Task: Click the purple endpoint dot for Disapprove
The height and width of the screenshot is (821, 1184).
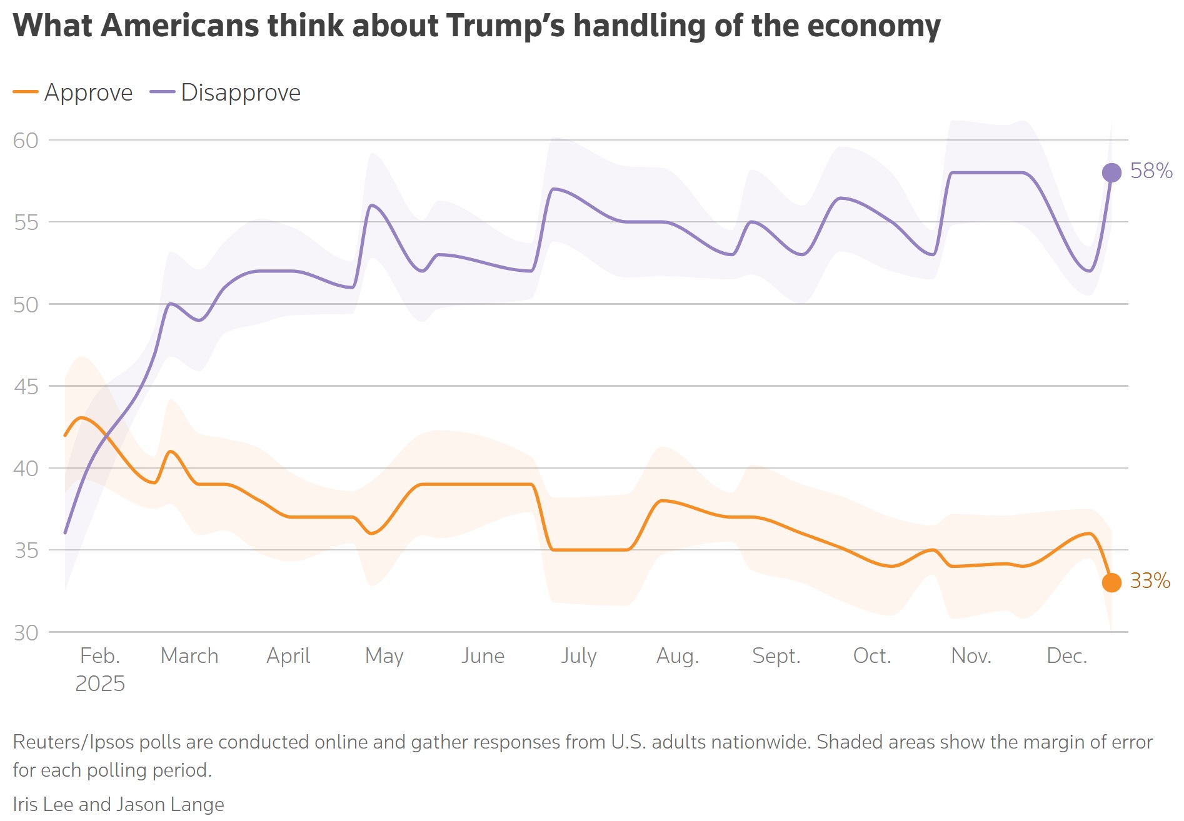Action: point(1111,172)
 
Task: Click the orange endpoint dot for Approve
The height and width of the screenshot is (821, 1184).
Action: point(1111,582)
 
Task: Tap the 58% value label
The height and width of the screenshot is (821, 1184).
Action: point(1151,171)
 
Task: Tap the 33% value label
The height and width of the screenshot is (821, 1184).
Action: point(1150,580)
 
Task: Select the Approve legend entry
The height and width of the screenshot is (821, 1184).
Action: point(73,92)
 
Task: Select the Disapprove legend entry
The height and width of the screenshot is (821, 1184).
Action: point(225,92)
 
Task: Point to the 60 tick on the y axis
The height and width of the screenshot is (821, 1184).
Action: point(26,141)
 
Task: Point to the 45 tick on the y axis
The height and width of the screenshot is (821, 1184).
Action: point(26,387)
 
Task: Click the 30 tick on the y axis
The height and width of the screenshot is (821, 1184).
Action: point(26,633)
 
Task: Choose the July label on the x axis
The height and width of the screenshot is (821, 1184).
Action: point(579,656)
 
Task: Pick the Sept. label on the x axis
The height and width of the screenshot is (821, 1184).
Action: point(776,656)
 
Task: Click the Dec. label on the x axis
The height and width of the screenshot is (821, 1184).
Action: point(1067,655)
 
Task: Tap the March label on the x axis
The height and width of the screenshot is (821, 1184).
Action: point(189,655)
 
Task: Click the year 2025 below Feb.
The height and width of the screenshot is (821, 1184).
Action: point(100,684)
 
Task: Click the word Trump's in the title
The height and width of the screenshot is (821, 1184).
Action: point(506,26)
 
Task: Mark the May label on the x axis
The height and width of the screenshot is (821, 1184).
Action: point(384,657)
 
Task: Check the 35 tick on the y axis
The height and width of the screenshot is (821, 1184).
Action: point(26,550)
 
